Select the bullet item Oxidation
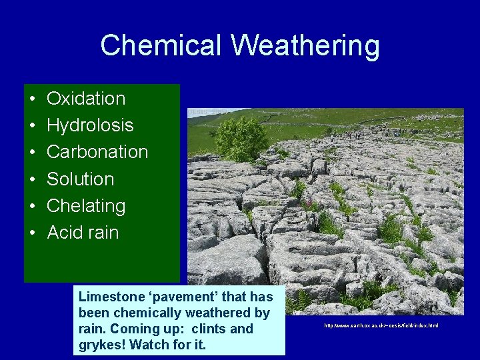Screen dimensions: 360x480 (86, 99)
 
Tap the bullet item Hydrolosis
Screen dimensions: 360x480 (90, 125)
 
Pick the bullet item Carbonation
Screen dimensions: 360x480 (97, 152)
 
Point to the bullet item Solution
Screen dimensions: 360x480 (80, 179)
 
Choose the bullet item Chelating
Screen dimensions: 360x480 (86, 206)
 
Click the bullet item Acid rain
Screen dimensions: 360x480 (83, 233)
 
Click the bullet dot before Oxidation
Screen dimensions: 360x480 (32, 99)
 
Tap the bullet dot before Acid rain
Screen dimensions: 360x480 (32, 233)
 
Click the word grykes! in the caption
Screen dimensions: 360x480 (102, 345)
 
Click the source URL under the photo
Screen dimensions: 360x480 (381, 325)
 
